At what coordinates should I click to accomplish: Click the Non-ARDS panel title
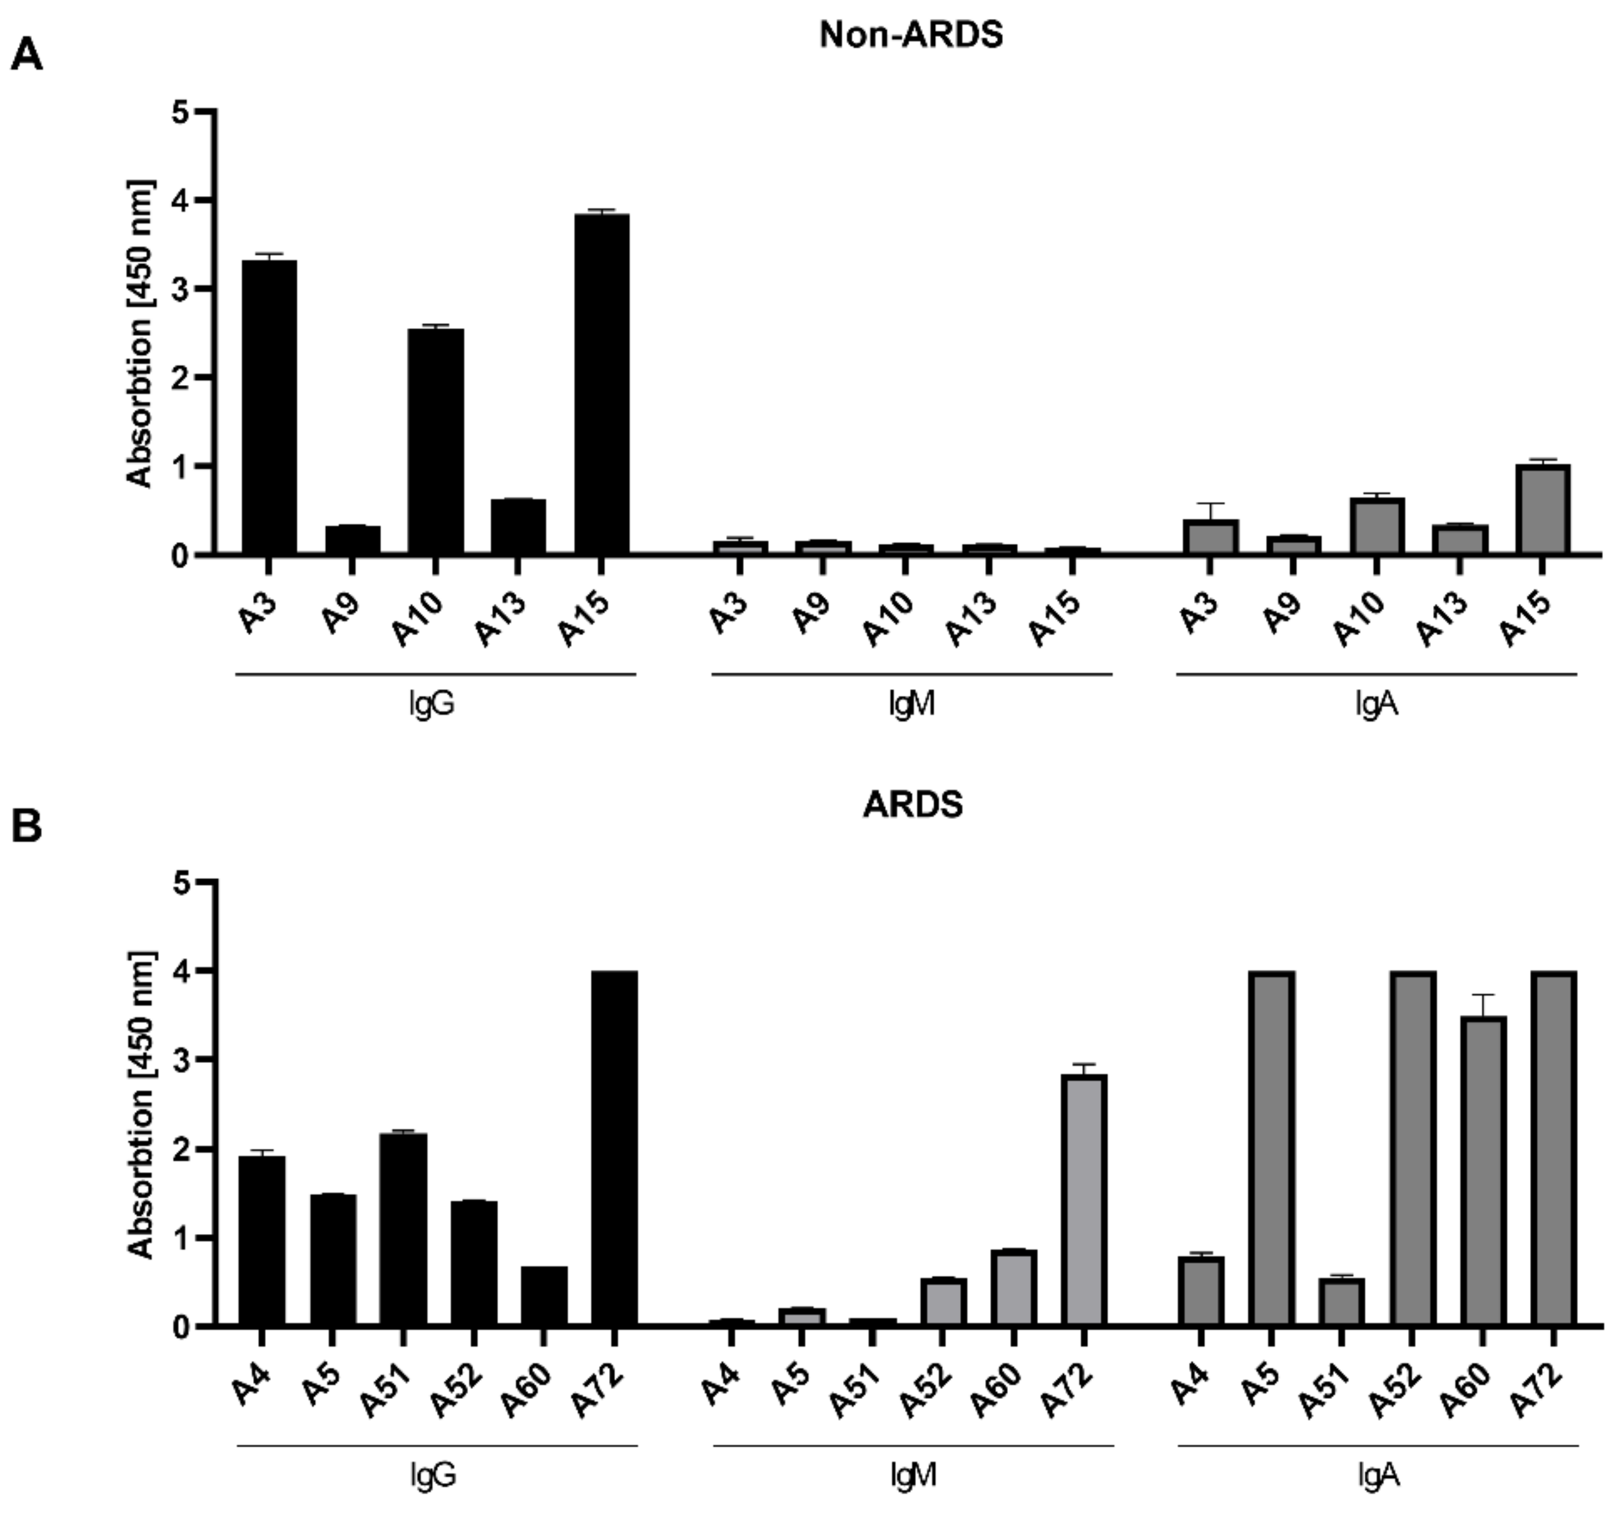pyautogui.click(x=911, y=34)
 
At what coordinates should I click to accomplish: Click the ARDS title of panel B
pyautogui.click(x=912, y=805)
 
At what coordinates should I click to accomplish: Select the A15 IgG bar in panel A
pyautogui.click(x=601, y=383)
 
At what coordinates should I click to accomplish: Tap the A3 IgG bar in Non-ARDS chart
pyautogui.click(x=269, y=407)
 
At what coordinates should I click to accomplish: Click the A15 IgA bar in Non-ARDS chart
pyautogui.click(x=1543, y=509)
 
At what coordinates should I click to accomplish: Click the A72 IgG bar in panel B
pyautogui.click(x=614, y=1148)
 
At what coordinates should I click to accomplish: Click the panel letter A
pyautogui.click(x=27, y=57)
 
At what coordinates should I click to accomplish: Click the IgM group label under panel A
pyautogui.click(x=912, y=704)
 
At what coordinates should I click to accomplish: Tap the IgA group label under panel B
pyautogui.click(x=1378, y=1475)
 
